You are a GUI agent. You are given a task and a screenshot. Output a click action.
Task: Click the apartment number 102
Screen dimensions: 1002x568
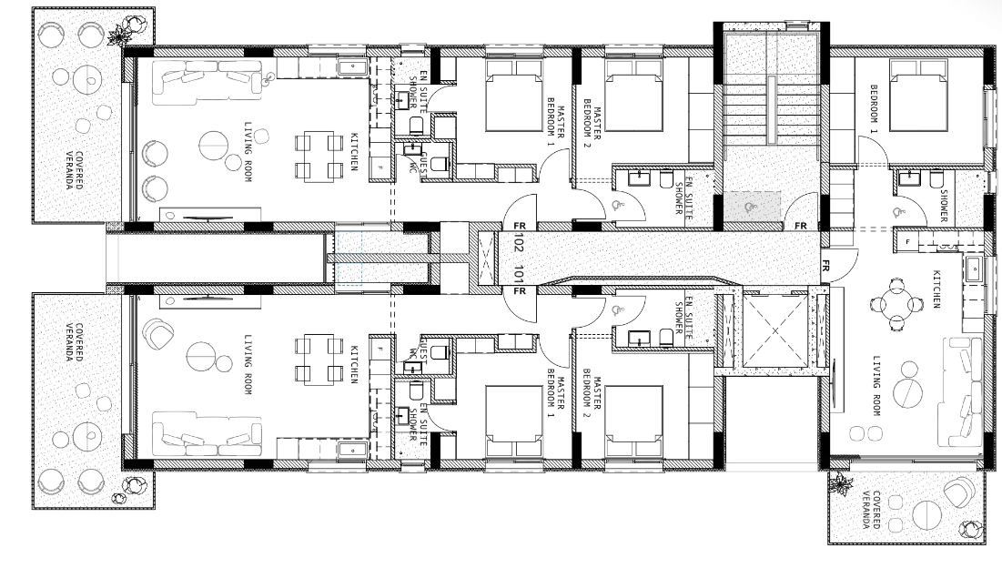coord(519,243)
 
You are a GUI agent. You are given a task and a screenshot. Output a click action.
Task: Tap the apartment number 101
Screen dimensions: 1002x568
coord(519,274)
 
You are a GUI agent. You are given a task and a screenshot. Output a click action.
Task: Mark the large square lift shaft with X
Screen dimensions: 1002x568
coord(775,330)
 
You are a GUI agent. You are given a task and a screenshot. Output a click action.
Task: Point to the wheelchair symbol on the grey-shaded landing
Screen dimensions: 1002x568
coord(750,207)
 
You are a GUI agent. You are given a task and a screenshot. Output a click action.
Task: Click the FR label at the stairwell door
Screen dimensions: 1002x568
coord(801,226)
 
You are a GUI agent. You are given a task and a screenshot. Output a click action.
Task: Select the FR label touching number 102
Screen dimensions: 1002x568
coord(520,226)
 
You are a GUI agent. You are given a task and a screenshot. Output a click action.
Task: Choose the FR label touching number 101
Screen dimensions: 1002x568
coord(520,290)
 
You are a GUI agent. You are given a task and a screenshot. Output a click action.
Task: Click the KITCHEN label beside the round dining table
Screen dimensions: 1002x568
coord(936,289)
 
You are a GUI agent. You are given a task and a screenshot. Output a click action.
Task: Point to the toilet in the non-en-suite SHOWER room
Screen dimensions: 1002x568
coord(936,178)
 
